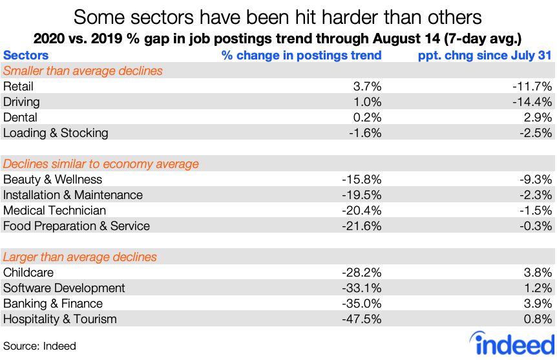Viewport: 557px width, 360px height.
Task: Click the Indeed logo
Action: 513,343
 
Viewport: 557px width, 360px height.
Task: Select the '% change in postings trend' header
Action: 301,56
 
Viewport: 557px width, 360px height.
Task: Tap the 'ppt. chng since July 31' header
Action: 485,56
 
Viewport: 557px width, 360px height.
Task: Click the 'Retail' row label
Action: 18,87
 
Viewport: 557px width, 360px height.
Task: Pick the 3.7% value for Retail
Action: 366,87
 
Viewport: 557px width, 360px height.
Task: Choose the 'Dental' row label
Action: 20,118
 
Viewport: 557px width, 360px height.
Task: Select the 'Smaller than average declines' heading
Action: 83,70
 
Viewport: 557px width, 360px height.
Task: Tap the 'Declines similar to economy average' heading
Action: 101,164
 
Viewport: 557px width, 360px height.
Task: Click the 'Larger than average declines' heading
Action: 80,257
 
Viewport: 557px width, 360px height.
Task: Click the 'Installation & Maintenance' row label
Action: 73,195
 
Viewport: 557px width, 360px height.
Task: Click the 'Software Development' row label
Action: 64,288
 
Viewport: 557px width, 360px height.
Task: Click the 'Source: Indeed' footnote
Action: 39,346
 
